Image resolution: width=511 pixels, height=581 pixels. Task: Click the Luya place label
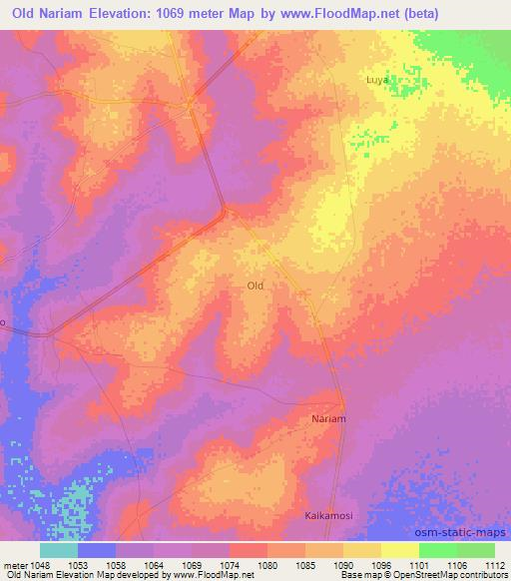tap(376, 79)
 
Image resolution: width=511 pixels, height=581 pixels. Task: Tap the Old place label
tap(255, 286)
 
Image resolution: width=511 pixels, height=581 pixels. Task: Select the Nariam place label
tap(328, 419)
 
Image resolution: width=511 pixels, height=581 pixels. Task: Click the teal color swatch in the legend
tap(59, 549)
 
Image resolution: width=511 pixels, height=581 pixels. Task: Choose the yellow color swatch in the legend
tap(400, 549)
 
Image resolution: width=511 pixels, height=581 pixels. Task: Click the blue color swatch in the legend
tap(97, 549)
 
